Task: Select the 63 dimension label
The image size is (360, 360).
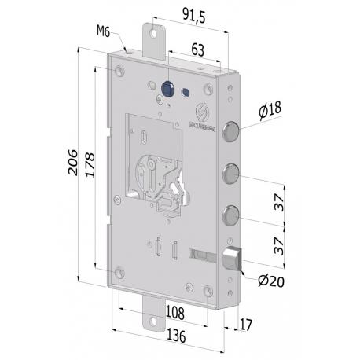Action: (197, 50)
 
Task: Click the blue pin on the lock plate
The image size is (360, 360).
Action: (167, 87)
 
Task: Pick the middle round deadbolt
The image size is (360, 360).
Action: (232, 171)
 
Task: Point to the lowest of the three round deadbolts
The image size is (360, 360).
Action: (232, 213)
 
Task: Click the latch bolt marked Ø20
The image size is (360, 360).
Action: (233, 258)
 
